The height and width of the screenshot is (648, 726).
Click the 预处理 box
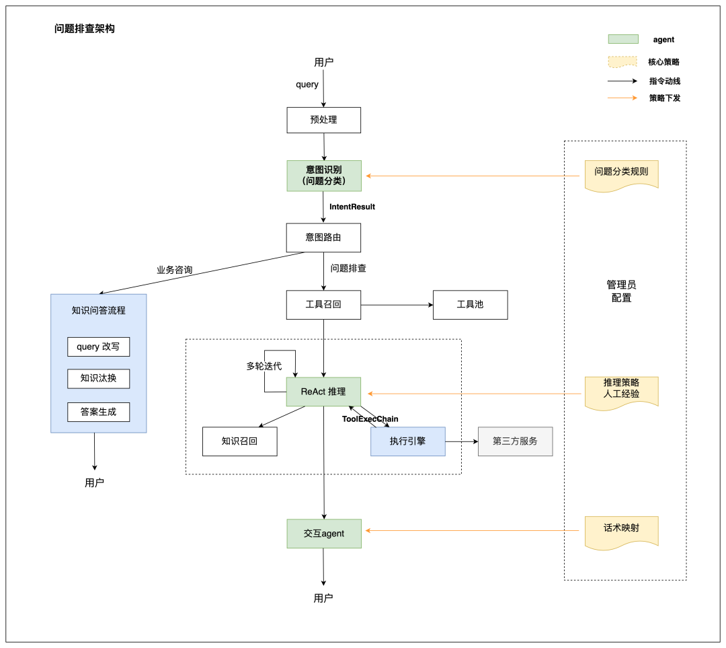[x=323, y=120]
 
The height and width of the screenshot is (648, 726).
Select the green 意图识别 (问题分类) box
[x=324, y=176]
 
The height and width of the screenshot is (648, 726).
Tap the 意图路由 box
[x=323, y=238]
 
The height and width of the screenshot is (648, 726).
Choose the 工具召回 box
[x=323, y=305]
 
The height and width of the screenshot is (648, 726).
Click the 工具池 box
[x=471, y=305]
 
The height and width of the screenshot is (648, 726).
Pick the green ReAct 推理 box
[x=323, y=392]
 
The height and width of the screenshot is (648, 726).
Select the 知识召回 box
[x=240, y=441]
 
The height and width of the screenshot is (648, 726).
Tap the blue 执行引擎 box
[x=408, y=441]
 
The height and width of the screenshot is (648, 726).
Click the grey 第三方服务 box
[x=516, y=441]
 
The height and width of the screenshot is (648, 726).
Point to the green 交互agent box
[x=324, y=534]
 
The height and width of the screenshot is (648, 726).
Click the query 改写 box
[x=99, y=347]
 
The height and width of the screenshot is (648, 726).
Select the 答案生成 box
[x=99, y=412]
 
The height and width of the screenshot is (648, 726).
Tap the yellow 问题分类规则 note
[x=621, y=175]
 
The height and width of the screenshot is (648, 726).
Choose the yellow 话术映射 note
[x=621, y=532]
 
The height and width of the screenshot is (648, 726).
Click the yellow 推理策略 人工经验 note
[x=621, y=392]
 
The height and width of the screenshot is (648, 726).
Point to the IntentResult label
[x=352, y=207]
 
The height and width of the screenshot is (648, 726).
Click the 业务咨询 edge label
[x=175, y=270]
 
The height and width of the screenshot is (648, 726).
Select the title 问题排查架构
[x=84, y=29]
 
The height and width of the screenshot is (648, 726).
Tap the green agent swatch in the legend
[x=623, y=39]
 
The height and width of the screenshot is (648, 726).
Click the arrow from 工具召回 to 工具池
[x=397, y=305]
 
